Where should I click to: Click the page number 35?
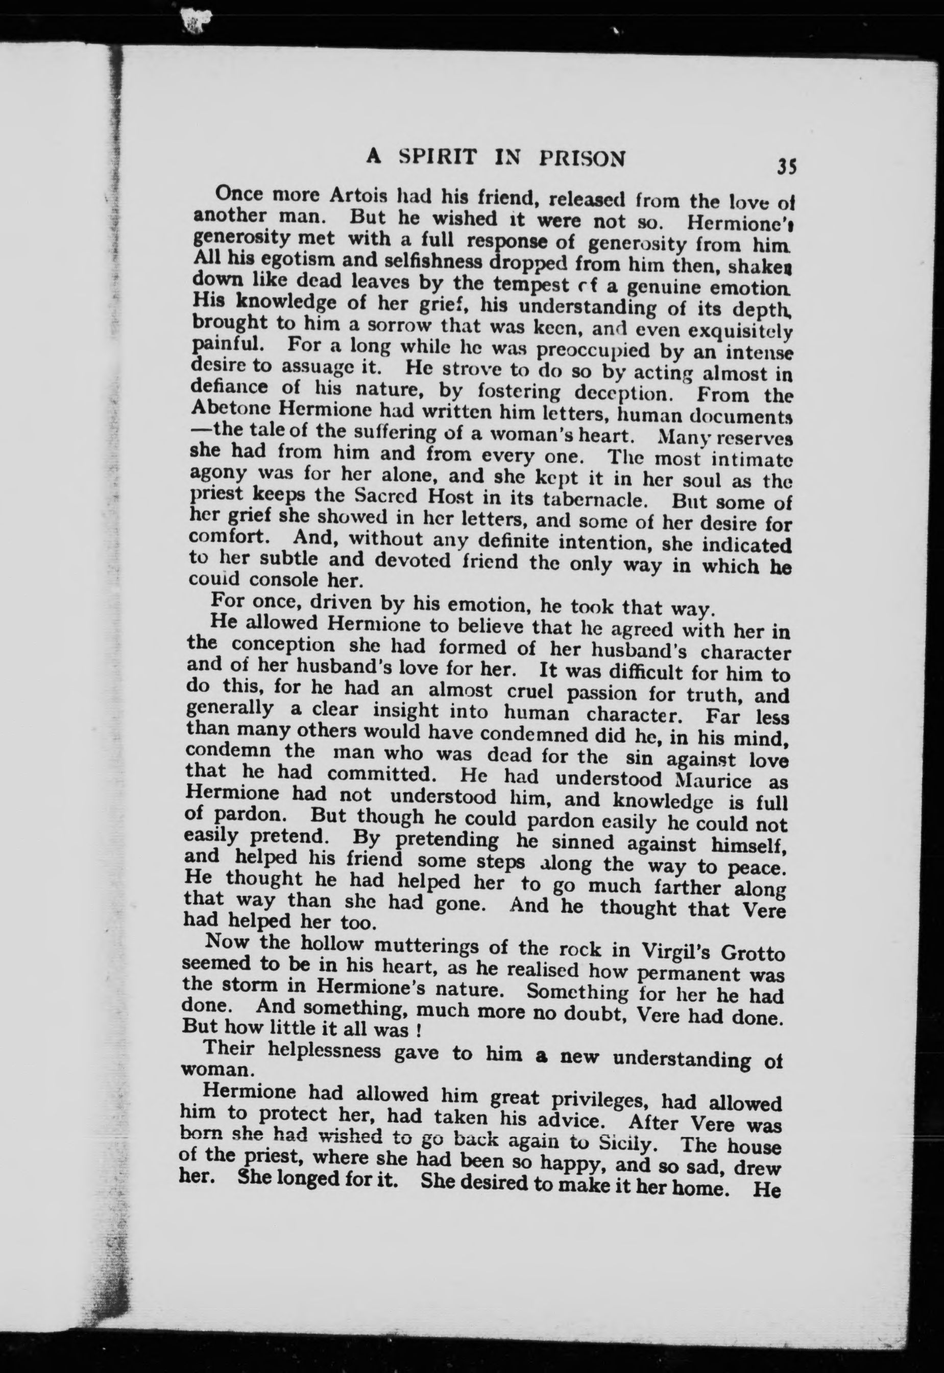[787, 167]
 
